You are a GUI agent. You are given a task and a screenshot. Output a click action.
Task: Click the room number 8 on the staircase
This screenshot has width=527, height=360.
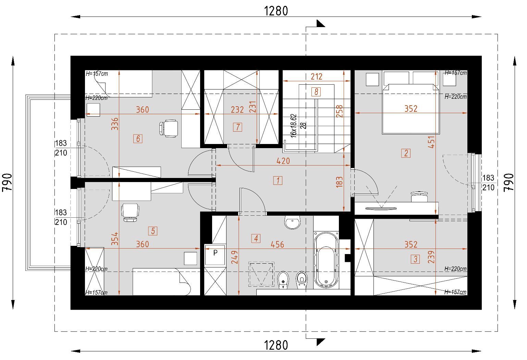316,92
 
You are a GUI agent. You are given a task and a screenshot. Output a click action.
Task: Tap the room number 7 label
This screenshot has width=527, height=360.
237,127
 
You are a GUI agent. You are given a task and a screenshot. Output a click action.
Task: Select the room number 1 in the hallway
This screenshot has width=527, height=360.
278,181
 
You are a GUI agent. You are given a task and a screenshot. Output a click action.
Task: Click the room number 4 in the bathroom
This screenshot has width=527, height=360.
256,239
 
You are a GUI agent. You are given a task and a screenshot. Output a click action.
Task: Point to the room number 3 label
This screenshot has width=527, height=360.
415,259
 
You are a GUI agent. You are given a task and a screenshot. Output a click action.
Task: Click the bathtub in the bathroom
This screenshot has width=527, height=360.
326,260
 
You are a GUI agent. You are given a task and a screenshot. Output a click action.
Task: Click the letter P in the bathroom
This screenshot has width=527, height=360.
215,253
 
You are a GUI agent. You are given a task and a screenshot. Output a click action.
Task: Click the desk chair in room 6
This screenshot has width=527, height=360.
169,128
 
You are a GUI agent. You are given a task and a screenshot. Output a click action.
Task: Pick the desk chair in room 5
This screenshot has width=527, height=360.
130,212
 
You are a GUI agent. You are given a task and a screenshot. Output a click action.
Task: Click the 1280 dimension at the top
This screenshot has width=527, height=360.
276,11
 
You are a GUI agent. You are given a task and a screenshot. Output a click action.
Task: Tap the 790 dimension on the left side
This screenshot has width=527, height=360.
7,182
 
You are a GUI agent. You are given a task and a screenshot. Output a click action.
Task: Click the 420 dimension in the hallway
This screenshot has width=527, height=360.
283,161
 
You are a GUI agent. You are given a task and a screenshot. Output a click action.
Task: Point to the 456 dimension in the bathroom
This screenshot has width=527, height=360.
278,244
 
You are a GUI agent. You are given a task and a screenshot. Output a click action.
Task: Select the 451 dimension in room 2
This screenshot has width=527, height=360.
431,142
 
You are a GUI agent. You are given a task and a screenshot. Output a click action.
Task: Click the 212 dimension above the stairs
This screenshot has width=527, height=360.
316,76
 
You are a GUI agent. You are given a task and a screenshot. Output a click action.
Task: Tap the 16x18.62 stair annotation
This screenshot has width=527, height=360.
293,126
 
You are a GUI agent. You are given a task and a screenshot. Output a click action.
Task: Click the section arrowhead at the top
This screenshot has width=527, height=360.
321,24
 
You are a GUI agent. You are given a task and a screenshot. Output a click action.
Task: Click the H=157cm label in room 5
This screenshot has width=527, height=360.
97,293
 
